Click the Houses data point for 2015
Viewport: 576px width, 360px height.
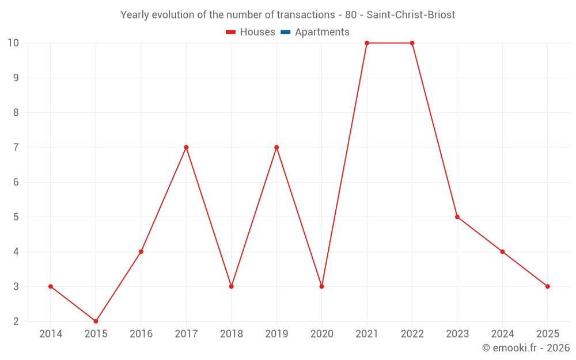(96, 321)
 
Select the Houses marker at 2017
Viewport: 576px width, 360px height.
(186, 147)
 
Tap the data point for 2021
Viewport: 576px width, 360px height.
(367, 43)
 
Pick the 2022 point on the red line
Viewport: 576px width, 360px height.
(412, 43)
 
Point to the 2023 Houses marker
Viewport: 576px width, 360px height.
(457, 217)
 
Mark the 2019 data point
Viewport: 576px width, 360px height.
(276, 147)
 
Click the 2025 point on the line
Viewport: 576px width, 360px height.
(547, 286)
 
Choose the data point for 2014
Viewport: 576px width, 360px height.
(51, 286)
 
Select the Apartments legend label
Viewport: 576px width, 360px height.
(322, 32)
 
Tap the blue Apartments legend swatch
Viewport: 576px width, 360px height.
(285, 32)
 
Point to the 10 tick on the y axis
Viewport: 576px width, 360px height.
(13, 43)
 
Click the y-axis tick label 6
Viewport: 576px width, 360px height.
(16, 182)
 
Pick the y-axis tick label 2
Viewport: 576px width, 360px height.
(16, 321)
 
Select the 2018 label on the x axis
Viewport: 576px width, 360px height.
(231, 334)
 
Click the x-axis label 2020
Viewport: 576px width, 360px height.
(321, 334)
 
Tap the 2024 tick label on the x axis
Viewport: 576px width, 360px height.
(502, 334)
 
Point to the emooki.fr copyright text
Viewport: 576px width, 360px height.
(526, 348)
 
